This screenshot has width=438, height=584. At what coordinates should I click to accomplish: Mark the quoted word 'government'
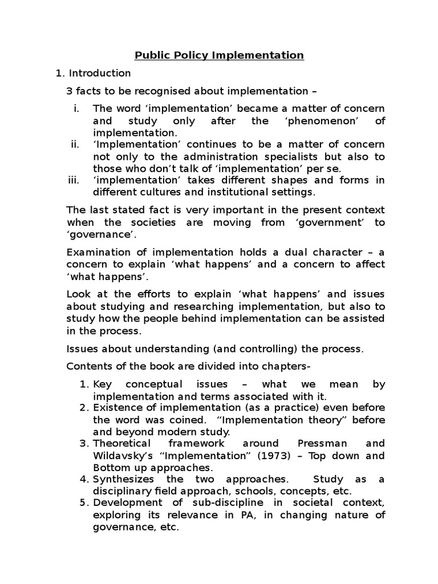329,222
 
